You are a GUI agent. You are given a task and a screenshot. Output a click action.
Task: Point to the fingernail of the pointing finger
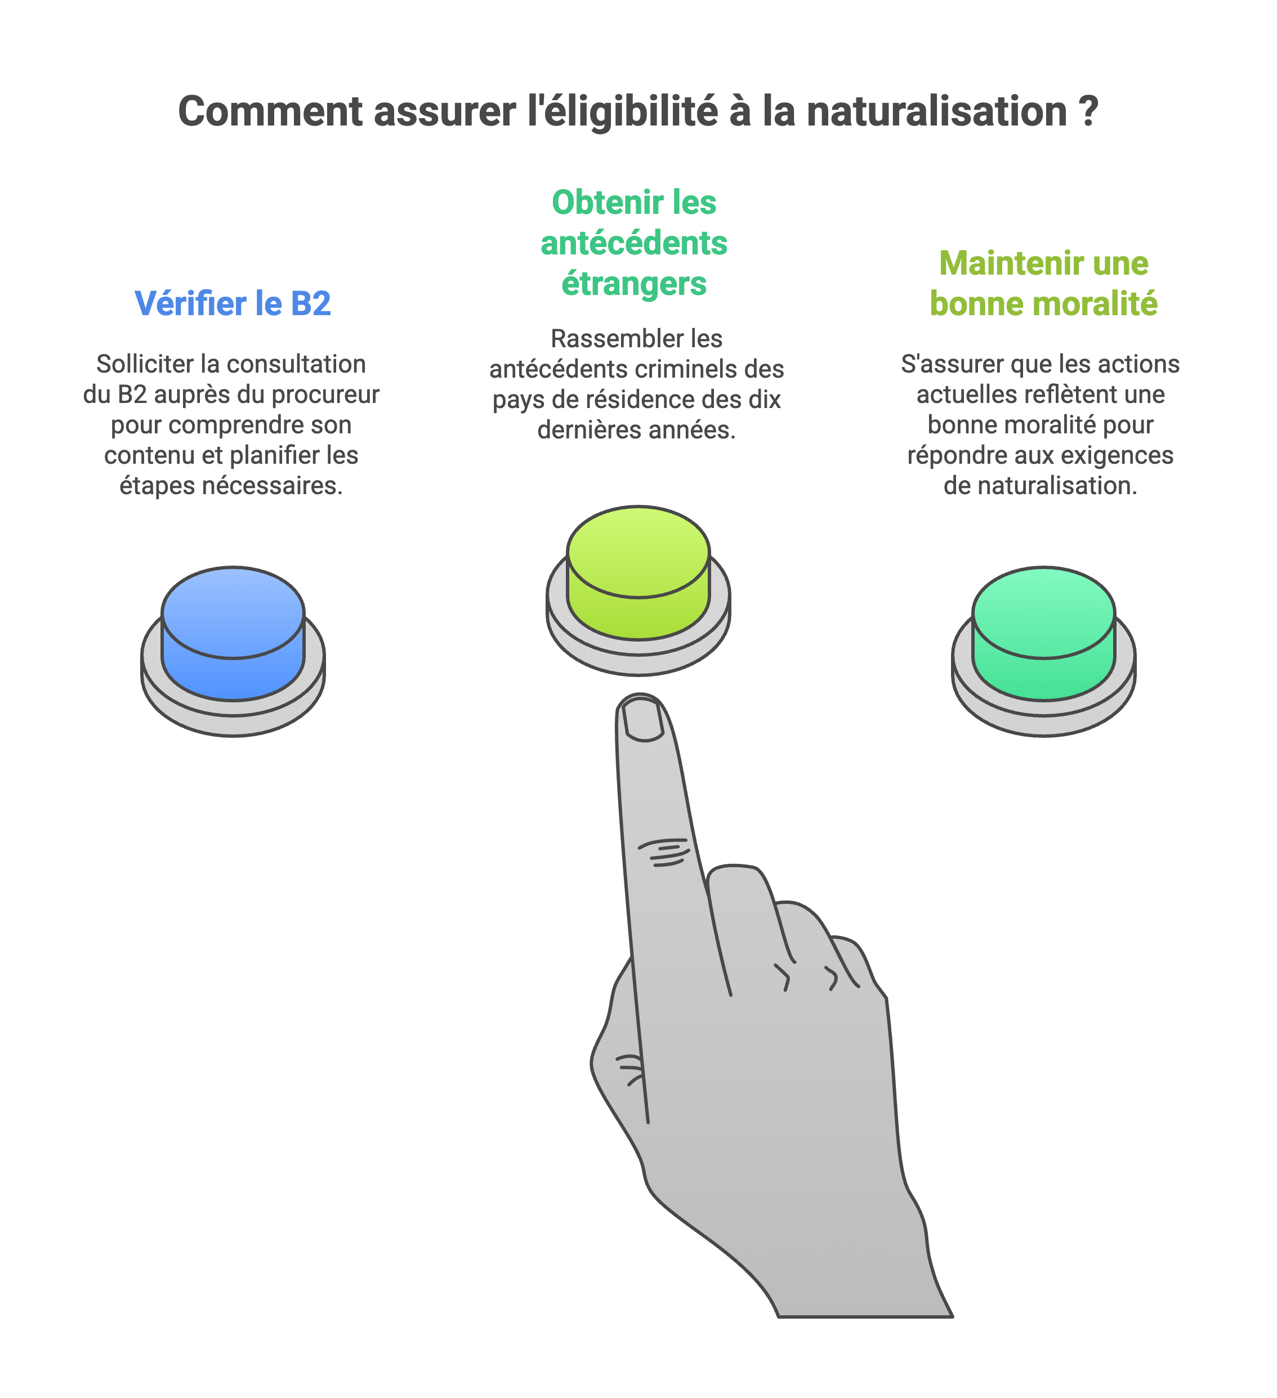point(642,719)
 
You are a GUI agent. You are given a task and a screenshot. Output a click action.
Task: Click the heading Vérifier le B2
point(233,304)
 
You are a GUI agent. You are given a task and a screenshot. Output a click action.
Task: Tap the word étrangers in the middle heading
point(634,284)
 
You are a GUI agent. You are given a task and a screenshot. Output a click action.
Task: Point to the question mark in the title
point(1089,111)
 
